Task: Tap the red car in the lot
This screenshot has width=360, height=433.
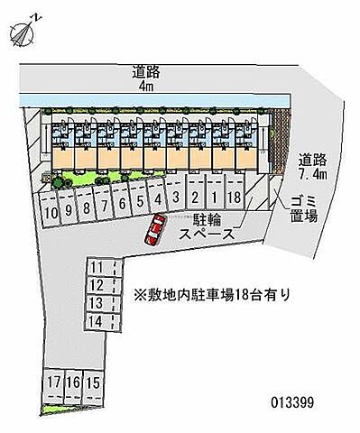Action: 153,234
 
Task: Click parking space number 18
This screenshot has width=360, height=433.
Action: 233,198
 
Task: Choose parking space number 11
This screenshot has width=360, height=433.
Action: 97,268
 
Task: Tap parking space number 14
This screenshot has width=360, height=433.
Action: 97,321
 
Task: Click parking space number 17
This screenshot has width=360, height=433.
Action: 55,382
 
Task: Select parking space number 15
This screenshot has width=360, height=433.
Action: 92,382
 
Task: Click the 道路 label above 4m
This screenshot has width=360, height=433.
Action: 146,71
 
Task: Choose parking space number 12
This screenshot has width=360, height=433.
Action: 97,285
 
